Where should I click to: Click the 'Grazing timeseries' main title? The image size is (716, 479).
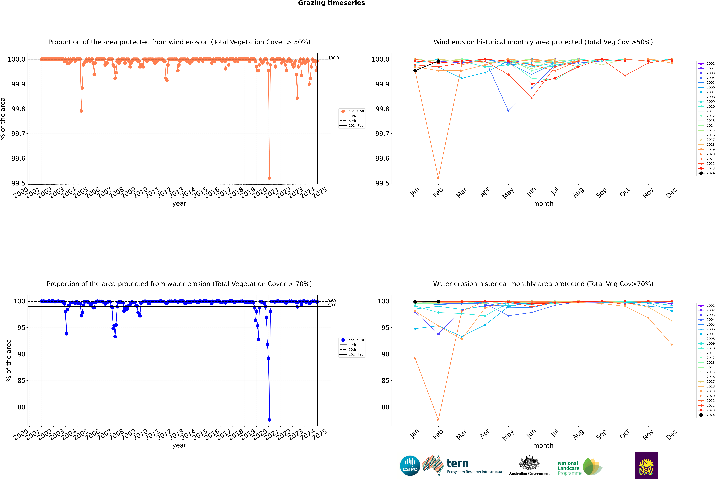point(331,3)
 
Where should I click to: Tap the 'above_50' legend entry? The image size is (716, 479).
point(352,111)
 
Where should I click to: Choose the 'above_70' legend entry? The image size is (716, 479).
point(352,340)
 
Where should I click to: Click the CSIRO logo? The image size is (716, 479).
point(410,466)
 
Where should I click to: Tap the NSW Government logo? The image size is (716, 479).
point(646,466)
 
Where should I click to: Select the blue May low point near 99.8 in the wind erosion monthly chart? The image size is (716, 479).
point(508,111)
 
